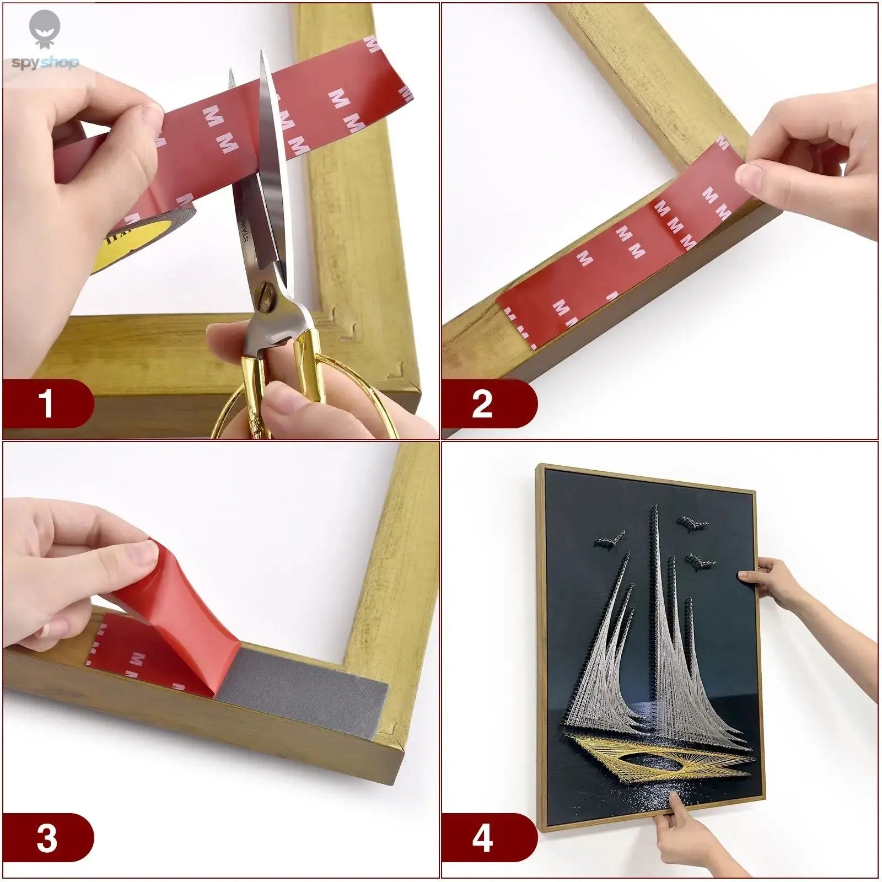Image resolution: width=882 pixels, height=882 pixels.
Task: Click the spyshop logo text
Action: click(x=45, y=63)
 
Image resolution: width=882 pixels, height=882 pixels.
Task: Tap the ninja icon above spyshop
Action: click(x=45, y=28)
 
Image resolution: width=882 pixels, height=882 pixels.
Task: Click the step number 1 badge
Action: click(x=47, y=404)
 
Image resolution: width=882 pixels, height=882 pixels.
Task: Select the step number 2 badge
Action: click(x=482, y=404)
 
